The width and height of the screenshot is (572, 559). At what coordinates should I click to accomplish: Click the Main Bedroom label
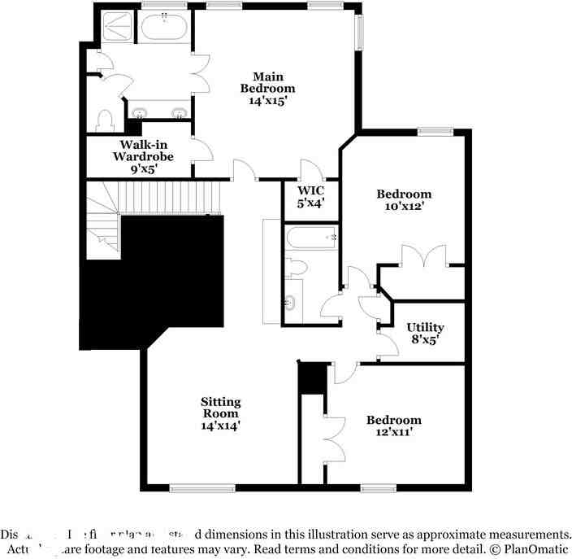click(x=267, y=82)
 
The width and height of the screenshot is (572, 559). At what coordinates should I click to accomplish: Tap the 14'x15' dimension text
click(x=269, y=101)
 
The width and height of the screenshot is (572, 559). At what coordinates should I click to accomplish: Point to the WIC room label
click(x=310, y=190)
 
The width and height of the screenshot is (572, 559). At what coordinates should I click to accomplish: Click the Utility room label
click(x=425, y=327)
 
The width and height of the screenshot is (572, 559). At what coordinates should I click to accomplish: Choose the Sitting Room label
click(x=221, y=407)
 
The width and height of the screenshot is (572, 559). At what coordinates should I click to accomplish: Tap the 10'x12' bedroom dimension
click(x=404, y=207)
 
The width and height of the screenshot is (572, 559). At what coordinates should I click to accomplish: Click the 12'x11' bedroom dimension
click(x=394, y=432)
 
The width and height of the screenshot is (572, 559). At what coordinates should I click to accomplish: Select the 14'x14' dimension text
click(x=221, y=425)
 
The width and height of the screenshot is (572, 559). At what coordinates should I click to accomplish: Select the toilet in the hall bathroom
click(x=296, y=267)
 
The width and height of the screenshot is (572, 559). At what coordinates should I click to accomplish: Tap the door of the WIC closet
click(x=310, y=170)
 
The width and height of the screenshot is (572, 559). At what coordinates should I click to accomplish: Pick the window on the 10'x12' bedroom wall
click(x=435, y=131)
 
